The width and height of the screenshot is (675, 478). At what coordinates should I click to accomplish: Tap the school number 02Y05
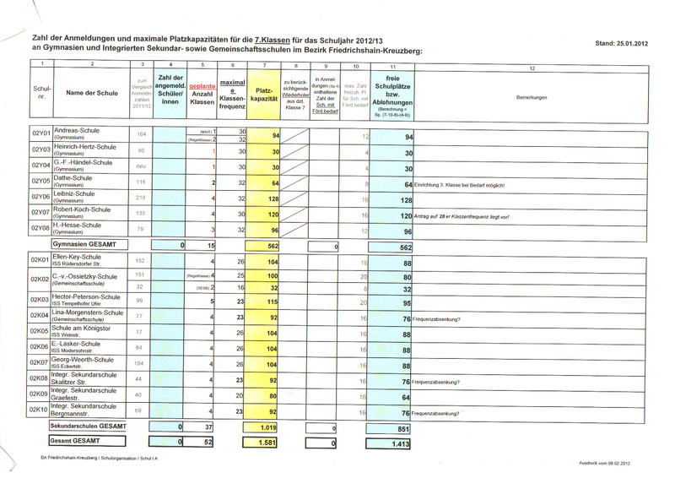point(40,182)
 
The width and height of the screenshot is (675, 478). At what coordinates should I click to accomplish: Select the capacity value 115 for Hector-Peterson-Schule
point(273,301)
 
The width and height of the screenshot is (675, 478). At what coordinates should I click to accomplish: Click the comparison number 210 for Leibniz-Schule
point(142,198)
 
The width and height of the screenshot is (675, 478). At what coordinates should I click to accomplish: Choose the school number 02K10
point(40,411)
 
